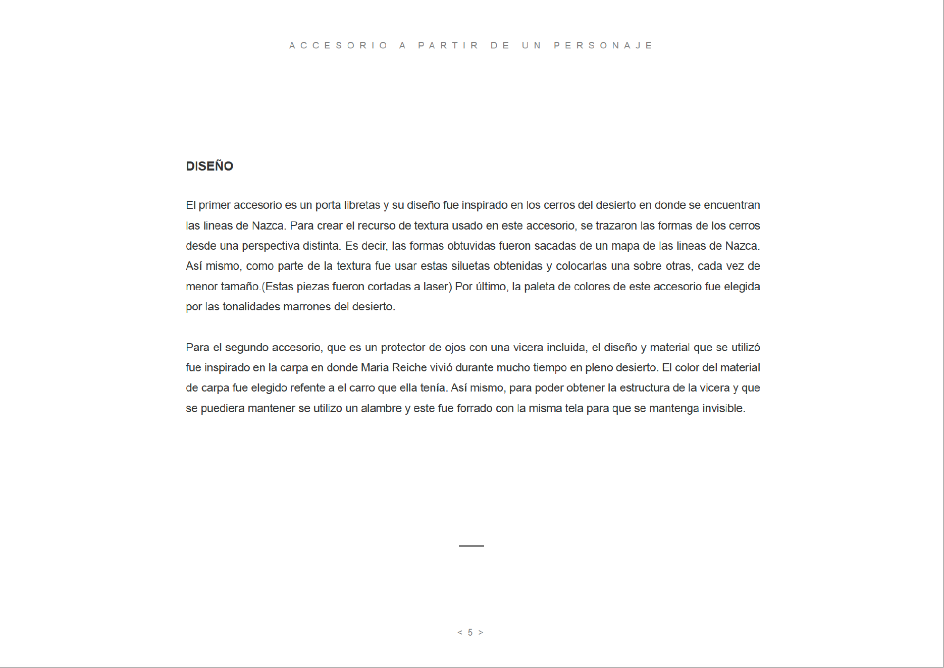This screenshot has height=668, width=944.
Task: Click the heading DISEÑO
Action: coord(209,166)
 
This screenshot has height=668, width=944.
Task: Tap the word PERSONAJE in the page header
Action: coord(603,45)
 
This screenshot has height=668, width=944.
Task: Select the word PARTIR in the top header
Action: coord(448,45)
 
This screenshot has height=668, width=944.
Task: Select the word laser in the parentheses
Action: coord(436,287)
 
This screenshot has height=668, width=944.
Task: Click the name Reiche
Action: coord(409,368)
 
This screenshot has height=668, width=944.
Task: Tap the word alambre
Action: coord(381,409)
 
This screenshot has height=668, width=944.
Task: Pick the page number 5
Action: coord(470,633)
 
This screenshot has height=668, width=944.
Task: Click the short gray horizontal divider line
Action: coord(471,546)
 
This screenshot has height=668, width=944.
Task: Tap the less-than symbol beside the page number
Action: coord(460,633)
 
